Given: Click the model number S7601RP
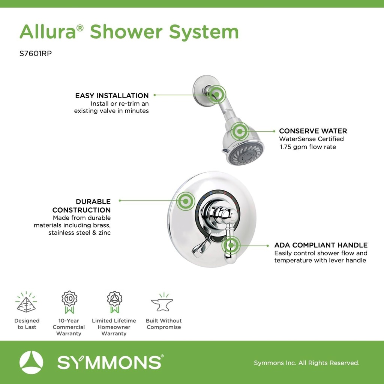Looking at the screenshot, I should [x=35, y=53].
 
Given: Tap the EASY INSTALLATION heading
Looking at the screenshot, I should [x=112, y=96].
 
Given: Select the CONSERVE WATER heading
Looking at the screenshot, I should [x=313, y=131].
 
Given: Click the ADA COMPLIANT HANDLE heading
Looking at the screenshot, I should [x=321, y=245].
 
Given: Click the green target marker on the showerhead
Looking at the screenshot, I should [x=240, y=132].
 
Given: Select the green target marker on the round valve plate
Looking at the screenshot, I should [x=185, y=201].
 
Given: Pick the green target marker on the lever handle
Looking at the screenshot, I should [x=230, y=246].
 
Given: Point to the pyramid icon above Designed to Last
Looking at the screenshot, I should [x=26, y=303].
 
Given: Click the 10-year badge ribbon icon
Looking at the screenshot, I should [x=69, y=301].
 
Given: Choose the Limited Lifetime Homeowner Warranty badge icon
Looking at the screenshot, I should [x=114, y=301].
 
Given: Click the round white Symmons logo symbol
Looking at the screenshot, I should [x=31, y=363].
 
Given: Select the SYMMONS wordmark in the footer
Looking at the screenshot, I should [x=109, y=363].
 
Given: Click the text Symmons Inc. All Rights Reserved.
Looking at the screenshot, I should [x=306, y=363].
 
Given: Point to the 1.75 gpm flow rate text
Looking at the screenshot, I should [x=308, y=147].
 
